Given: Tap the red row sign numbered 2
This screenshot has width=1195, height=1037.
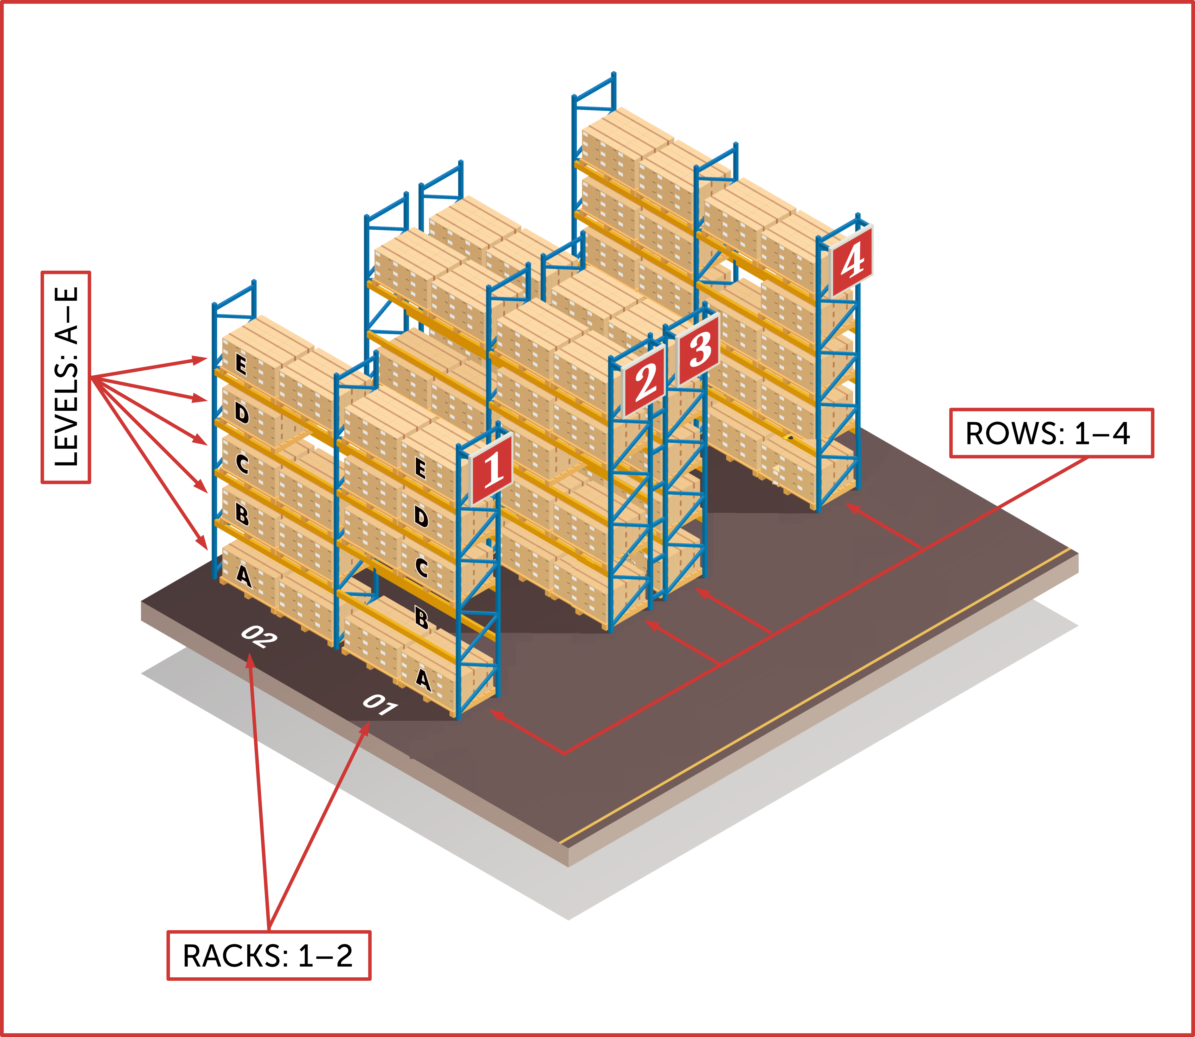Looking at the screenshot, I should pyautogui.click(x=644, y=382).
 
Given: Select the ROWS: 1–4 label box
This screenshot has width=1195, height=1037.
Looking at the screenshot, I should pyautogui.click(x=1051, y=433).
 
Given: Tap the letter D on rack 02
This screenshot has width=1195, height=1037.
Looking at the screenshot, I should pyautogui.click(x=242, y=413).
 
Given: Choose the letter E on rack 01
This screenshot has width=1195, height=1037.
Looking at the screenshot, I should pyautogui.click(x=421, y=468).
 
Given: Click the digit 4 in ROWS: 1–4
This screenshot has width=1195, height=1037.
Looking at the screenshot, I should pyautogui.click(x=1121, y=433).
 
